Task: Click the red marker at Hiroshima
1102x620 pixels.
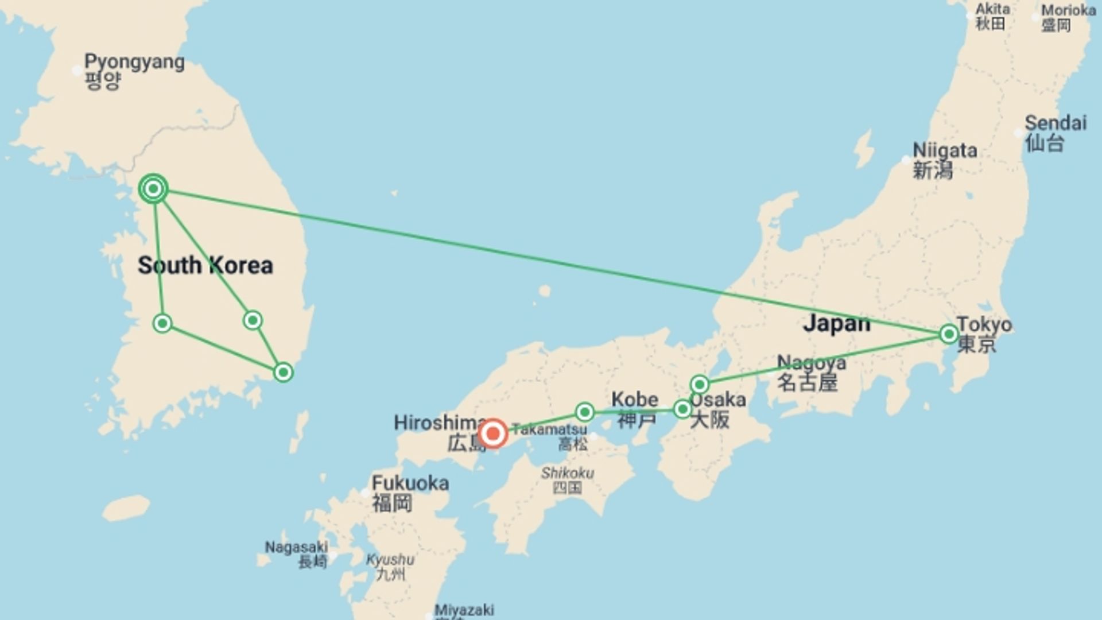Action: coord(492,433)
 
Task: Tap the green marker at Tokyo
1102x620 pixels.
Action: coord(949,334)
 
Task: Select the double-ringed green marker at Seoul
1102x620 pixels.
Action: coord(153,188)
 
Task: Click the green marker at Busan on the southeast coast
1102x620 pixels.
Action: coord(283,372)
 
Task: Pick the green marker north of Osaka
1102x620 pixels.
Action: coord(699,383)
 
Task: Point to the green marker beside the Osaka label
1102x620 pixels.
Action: coord(682,409)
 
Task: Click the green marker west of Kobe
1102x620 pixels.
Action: coord(584,412)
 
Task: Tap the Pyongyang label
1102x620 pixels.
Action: coord(134,62)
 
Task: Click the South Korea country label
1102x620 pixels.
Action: coord(205,265)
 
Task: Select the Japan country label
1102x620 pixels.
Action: coord(836,323)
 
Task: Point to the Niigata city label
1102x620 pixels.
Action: coord(945,150)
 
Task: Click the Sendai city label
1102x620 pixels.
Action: coord(1056,123)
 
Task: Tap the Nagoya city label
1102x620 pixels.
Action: coord(811,363)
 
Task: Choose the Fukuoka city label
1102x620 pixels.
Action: coord(410,483)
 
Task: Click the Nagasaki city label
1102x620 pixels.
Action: coord(296,547)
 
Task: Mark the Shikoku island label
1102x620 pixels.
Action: coord(567,473)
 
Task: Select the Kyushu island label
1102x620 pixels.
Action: coord(390,560)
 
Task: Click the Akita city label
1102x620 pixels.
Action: coord(992,9)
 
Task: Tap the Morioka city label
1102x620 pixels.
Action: coord(1068,10)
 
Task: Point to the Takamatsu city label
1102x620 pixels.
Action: coord(549,429)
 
